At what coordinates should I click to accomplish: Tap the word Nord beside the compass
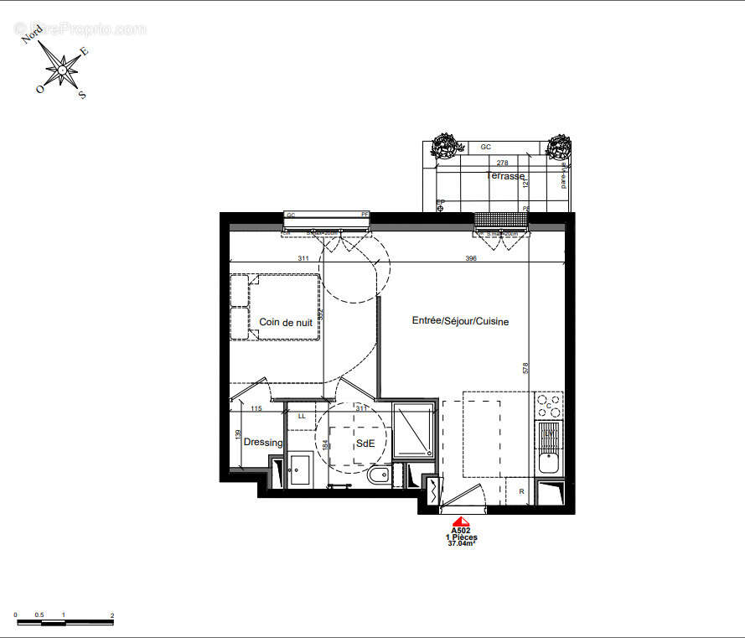pyautogui.click(x=34, y=34)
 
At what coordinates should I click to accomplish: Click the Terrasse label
pyautogui.click(x=505, y=176)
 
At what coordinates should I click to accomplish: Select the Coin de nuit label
pyautogui.click(x=285, y=322)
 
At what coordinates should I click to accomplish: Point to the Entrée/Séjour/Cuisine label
pyautogui.click(x=460, y=321)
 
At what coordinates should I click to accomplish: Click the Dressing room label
pyautogui.click(x=263, y=443)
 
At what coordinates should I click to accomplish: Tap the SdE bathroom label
pyautogui.click(x=365, y=443)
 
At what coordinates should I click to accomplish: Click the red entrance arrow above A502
pyautogui.click(x=460, y=521)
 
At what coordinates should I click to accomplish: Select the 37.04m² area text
pyautogui.click(x=461, y=543)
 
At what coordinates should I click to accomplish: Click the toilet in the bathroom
pyautogui.click(x=378, y=477)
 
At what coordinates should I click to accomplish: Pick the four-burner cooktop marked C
pyautogui.click(x=550, y=406)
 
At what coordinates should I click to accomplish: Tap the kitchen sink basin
pyautogui.click(x=550, y=462)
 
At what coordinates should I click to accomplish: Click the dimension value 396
pyautogui.click(x=470, y=259)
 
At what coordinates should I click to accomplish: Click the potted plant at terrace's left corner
pyautogui.click(x=442, y=147)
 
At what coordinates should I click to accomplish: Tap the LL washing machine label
pyautogui.click(x=302, y=416)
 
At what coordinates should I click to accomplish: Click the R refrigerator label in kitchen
pyautogui.click(x=521, y=491)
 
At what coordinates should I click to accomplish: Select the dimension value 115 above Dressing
pyautogui.click(x=256, y=408)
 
